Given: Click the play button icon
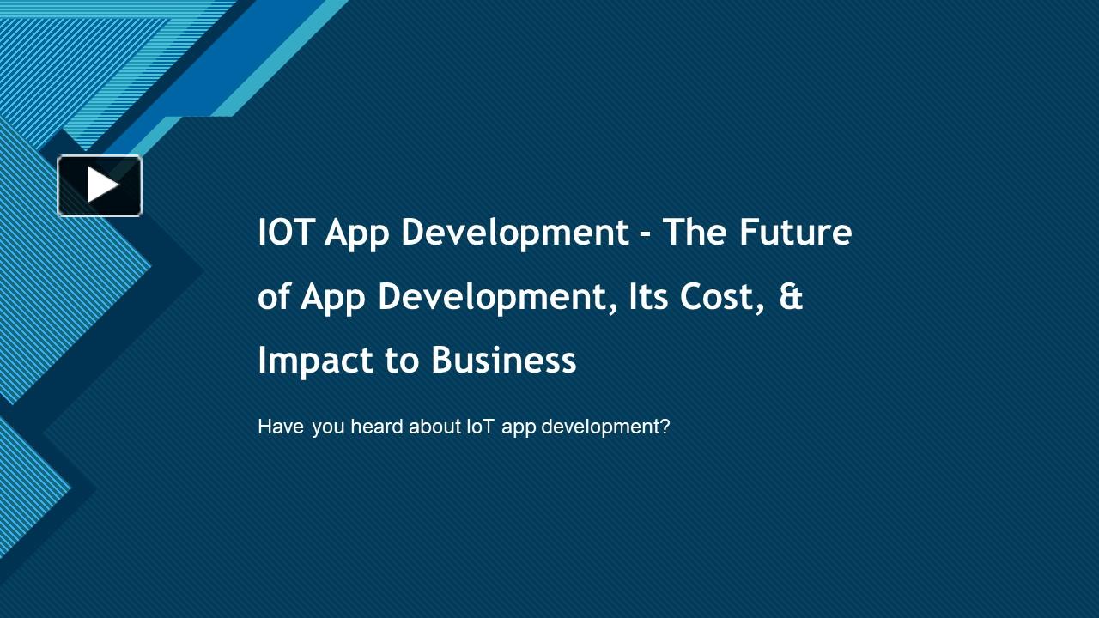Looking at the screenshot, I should point(100,185).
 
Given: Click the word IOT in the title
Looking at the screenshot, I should point(286,233).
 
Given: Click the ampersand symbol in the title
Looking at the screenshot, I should point(792,297).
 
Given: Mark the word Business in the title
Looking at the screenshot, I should point(503,360).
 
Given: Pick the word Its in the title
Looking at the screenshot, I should point(648,297).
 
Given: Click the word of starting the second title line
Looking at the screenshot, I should point(274,297).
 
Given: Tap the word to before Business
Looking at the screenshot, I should point(401,360).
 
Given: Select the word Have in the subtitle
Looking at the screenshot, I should point(281,427).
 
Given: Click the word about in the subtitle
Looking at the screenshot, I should point(434,427).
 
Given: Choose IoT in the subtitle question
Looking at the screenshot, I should point(480,427).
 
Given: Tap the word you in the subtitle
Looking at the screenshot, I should point(328,427).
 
